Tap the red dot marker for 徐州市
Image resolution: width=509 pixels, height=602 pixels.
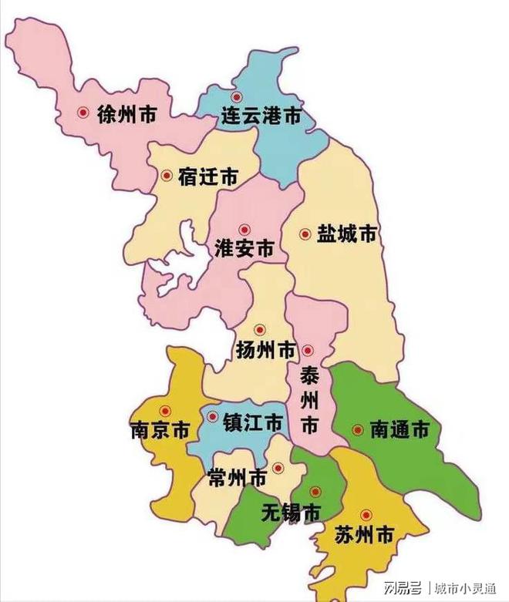pyautogui.click(x=83, y=113)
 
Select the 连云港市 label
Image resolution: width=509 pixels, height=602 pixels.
pyautogui.click(x=261, y=117)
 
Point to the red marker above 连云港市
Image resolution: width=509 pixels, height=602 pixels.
pyautogui.click(x=237, y=97)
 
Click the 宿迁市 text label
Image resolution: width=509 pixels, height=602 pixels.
pyautogui.click(x=207, y=177)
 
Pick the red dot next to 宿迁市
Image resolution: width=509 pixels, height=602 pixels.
pyautogui.click(x=167, y=175)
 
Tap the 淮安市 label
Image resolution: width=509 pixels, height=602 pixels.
pyautogui.click(x=244, y=251)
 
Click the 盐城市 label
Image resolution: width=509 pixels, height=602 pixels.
pyautogui.click(x=346, y=234)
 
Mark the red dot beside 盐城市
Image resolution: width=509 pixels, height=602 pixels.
pyautogui.click(x=305, y=234)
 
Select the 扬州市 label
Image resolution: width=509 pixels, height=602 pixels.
pyautogui.click(x=266, y=351)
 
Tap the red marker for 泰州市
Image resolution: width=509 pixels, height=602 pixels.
pyautogui.click(x=308, y=351)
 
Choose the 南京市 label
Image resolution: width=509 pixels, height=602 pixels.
pyautogui.click(x=160, y=430)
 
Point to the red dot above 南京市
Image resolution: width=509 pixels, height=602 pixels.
pyautogui.click(x=163, y=411)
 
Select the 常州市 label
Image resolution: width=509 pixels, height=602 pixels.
pyautogui.click(x=238, y=478)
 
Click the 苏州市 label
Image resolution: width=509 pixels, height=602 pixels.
pyautogui.click(x=365, y=534)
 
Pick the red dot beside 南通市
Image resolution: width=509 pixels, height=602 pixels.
pyautogui.click(x=358, y=429)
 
